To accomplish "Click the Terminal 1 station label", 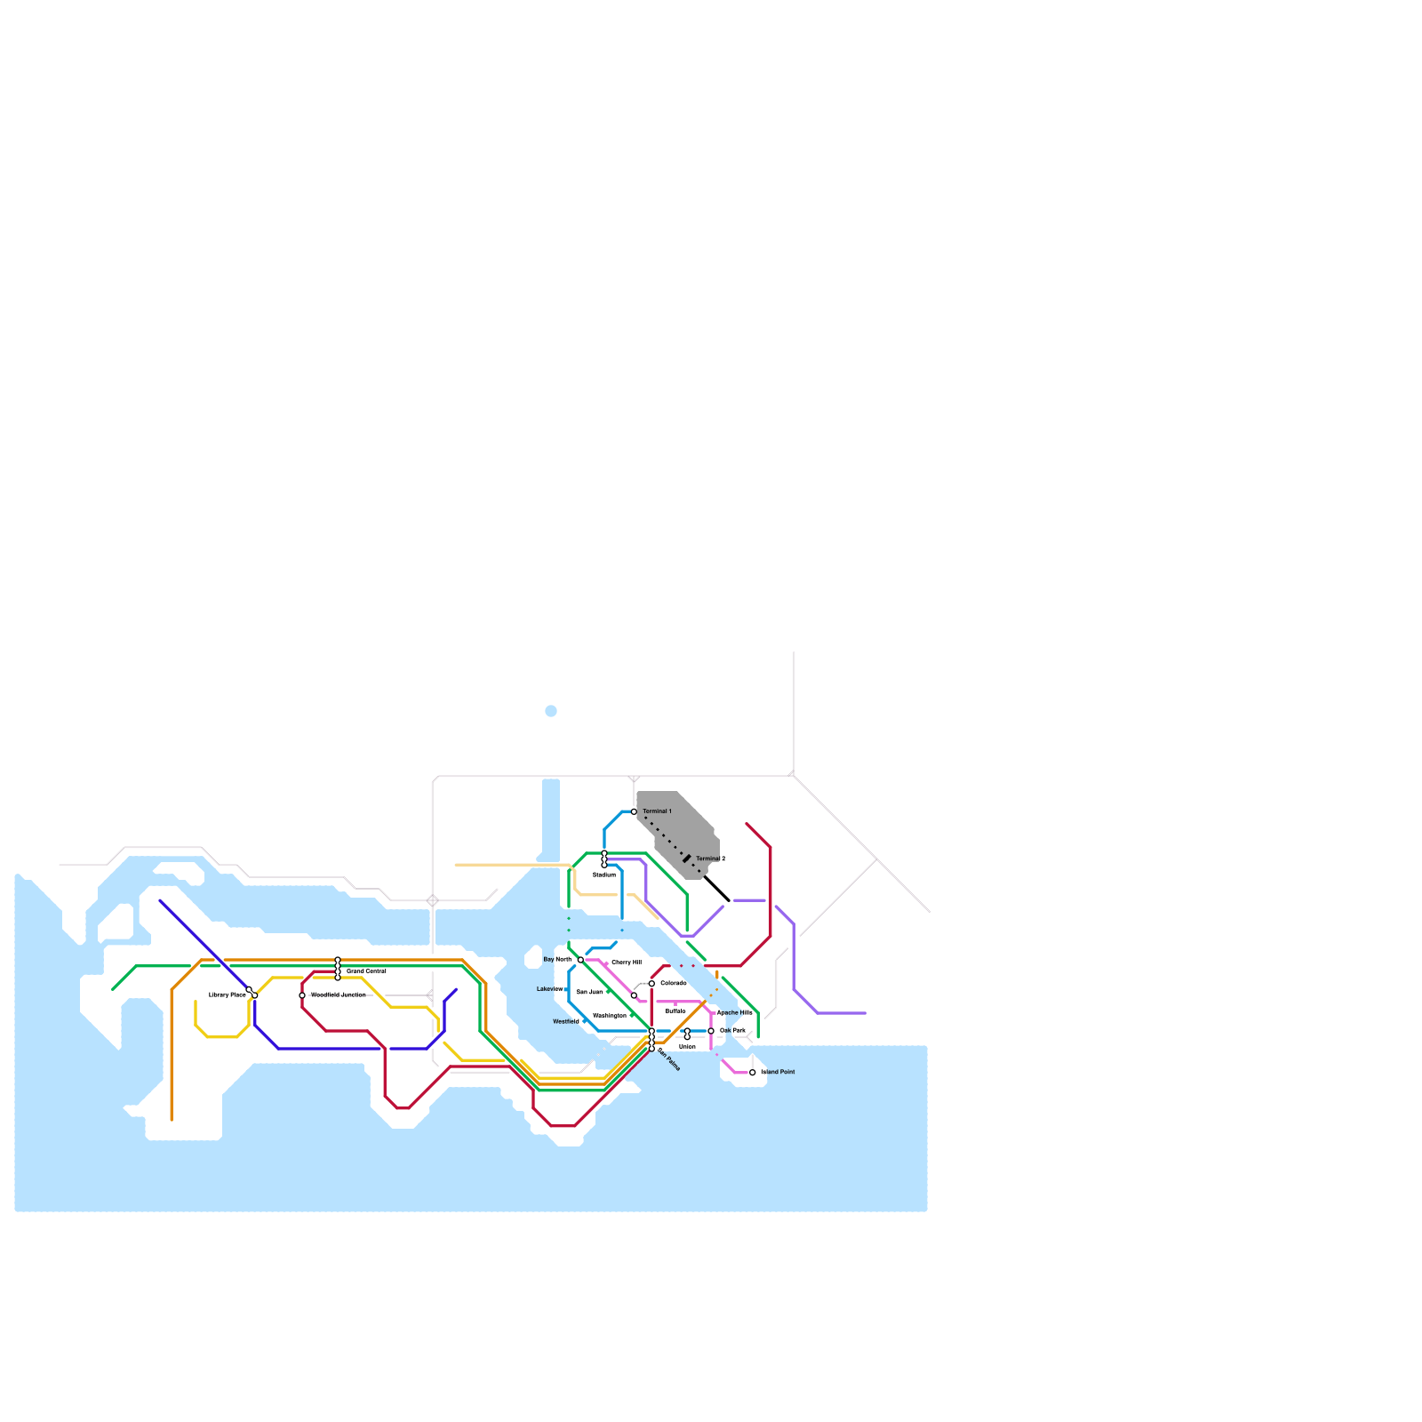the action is [x=657, y=811].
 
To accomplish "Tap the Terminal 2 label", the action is [x=710, y=859].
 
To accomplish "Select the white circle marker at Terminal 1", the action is [x=634, y=811].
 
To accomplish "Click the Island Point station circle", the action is [x=753, y=1073].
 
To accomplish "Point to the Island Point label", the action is [x=779, y=1073].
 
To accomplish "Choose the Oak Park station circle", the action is [x=711, y=1031].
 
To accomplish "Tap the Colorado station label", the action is [x=673, y=983].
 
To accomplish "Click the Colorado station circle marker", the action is [x=651, y=984].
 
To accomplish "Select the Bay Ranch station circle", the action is [x=580, y=960].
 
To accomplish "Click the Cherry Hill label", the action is [x=627, y=963].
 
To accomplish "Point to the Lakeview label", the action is [x=550, y=989].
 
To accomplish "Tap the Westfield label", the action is [x=566, y=1022].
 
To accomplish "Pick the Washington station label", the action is [x=609, y=1015].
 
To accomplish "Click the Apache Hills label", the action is [x=735, y=1012].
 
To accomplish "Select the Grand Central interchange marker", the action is [x=338, y=969].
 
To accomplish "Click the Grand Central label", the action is [x=366, y=971].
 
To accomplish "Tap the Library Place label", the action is [x=227, y=995].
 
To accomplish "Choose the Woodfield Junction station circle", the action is [x=302, y=995].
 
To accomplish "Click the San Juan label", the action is [x=589, y=992].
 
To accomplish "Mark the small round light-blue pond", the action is [x=551, y=711].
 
